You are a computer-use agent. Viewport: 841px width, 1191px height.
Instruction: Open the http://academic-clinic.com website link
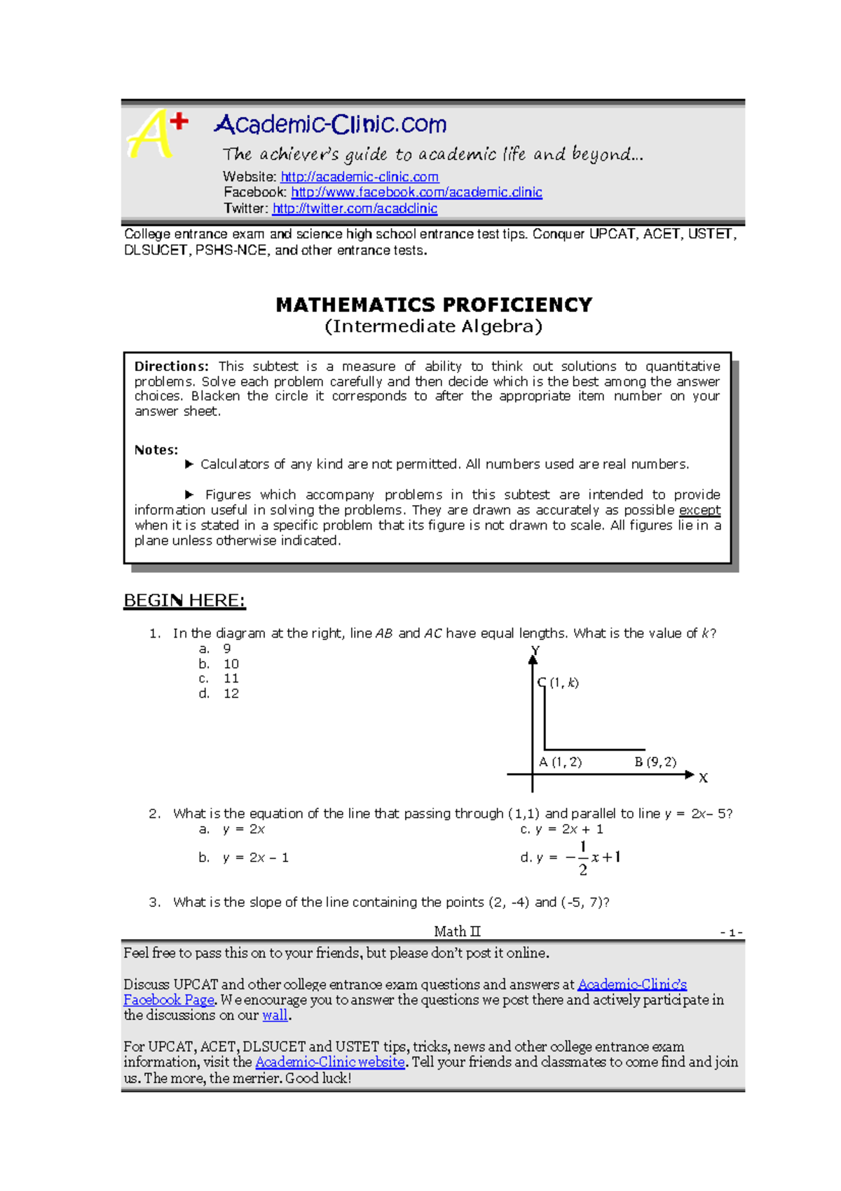pos(360,177)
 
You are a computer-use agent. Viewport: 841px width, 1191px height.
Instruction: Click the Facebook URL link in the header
pos(416,192)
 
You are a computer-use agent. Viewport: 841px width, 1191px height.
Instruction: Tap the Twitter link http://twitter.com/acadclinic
pos(355,208)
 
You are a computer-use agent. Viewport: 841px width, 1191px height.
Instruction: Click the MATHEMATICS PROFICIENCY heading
pos(434,305)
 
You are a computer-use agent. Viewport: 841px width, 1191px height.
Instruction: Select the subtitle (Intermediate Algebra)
pos(433,326)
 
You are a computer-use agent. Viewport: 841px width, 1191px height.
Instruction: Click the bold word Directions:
pos(171,366)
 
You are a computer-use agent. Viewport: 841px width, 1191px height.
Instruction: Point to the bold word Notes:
pos(156,450)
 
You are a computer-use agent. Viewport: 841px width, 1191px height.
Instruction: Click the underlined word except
pos(699,511)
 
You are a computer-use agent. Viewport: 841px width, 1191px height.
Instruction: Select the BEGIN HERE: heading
pos(184,600)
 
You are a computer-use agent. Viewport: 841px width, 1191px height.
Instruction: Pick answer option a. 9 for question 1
pos(215,649)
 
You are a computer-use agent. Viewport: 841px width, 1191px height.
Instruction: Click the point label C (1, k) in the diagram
pos(559,682)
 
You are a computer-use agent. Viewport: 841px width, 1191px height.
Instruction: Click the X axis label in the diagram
pos(703,778)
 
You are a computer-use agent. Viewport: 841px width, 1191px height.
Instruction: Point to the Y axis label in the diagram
pos(535,651)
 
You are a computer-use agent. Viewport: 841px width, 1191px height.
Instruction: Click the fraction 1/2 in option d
pos(582,858)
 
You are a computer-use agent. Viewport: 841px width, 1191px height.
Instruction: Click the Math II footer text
pos(457,931)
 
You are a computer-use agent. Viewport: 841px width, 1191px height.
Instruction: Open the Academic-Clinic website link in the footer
pos(329,1062)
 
